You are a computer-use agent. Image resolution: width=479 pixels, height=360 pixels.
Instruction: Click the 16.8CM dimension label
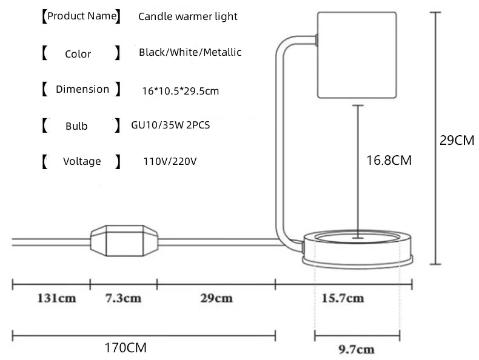tap(389, 161)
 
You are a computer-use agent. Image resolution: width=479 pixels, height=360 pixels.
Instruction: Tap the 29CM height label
tap(456, 141)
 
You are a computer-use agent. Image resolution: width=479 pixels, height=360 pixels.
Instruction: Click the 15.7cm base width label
tap(343, 299)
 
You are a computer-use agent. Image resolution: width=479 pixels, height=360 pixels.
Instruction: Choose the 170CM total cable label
tap(125, 348)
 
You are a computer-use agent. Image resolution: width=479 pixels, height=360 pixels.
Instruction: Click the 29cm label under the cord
tap(216, 299)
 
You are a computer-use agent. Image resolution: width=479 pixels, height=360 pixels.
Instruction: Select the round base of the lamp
tap(358, 248)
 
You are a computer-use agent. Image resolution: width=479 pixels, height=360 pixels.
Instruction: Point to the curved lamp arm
tap(281, 139)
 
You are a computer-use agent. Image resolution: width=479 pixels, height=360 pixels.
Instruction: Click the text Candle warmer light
tap(188, 16)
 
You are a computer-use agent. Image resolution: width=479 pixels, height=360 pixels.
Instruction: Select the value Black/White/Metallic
tap(190, 53)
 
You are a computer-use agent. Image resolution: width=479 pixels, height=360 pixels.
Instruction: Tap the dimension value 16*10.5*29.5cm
tap(179, 92)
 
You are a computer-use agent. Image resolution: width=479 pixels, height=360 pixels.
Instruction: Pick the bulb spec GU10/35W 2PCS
tap(170, 125)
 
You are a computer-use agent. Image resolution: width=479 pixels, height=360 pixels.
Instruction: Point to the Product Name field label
tap(82, 16)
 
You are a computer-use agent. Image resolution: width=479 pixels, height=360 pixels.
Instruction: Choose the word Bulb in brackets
tap(76, 126)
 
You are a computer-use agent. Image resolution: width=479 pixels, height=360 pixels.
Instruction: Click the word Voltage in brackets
tap(82, 162)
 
